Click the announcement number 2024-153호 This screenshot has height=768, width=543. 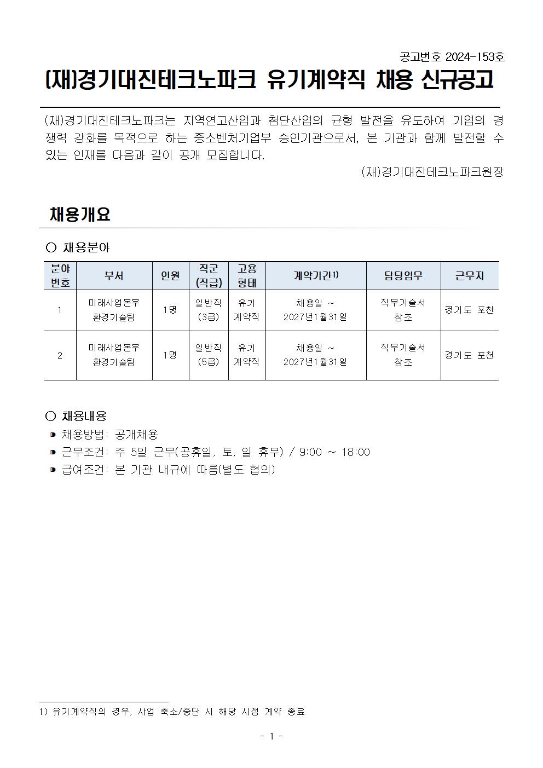[x=475, y=57]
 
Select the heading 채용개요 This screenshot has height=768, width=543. [x=80, y=214]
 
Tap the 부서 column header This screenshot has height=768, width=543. [x=114, y=276]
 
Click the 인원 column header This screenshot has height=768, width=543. [x=170, y=276]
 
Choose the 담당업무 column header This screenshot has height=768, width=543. [x=403, y=276]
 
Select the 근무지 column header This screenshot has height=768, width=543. [x=469, y=276]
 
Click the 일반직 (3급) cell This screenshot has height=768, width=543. [x=209, y=310]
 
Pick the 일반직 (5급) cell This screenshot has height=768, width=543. [x=209, y=355]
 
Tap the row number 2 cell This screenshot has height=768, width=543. [x=60, y=355]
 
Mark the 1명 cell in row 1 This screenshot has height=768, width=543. [x=170, y=310]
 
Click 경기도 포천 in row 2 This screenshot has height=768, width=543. [x=469, y=355]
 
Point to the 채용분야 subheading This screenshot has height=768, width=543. [x=85, y=247]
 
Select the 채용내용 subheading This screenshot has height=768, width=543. [x=84, y=416]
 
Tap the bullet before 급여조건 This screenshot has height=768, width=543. [x=53, y=470]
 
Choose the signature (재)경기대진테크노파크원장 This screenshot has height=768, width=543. [x=432, y=172]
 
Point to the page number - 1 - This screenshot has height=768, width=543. [x=271, y=736]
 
